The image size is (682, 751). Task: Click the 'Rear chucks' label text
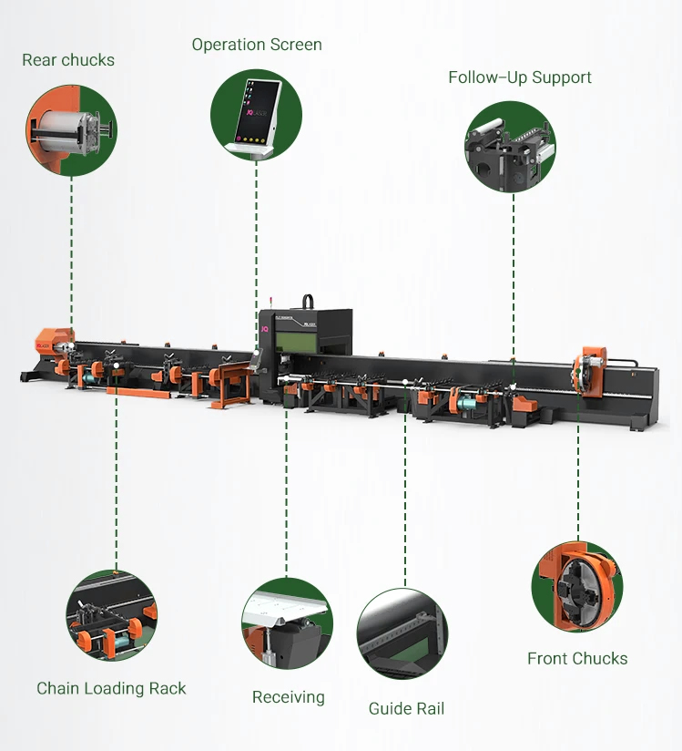click(x=68, y=60)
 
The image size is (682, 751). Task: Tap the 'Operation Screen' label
click(x=257, y=45)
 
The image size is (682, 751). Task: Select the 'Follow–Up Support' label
click(x=519, y=77)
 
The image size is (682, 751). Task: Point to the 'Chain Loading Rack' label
click(x=111, y=688)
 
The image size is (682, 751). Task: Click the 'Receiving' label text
click(x=288, y=697)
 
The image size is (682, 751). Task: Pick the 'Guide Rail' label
click(x=406, y=708)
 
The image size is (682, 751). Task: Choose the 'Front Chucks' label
click(x=577, y=658)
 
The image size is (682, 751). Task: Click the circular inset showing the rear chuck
click(x=71, y=128)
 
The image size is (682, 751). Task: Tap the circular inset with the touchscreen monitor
click(x=256, y=115)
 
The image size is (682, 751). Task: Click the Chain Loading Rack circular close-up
click(x=111, y=615)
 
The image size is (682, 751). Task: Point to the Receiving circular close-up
click(x=287, y=622)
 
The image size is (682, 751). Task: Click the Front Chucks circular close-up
click(x=576, y=586)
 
